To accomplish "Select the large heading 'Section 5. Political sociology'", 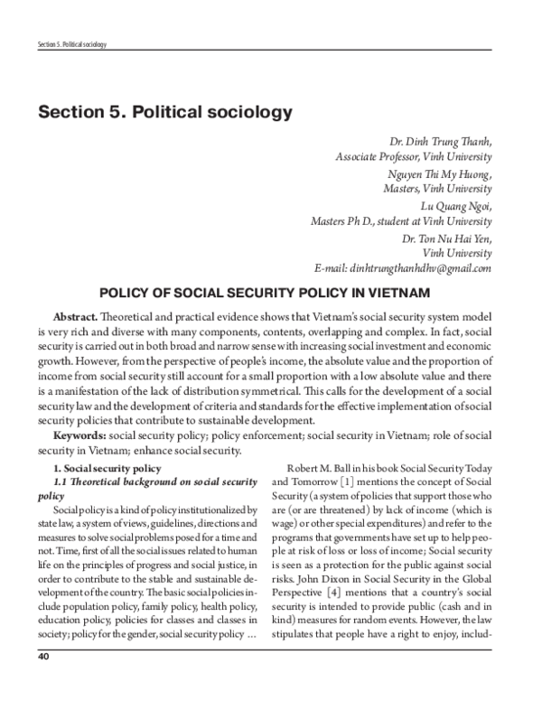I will coord(165,114).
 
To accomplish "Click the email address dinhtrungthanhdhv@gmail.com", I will coord(401,268).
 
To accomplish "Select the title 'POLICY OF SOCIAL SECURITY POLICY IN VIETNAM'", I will coord(271,294).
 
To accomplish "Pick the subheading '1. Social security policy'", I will coord(107,468).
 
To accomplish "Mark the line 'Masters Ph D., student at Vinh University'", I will coord(400,221).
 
